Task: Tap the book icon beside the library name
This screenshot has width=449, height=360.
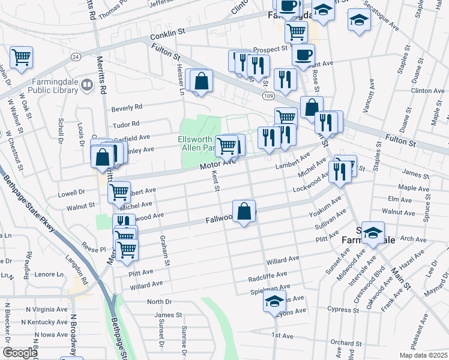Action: [x=88, y=86]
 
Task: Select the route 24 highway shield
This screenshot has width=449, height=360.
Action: [x=75, y=56]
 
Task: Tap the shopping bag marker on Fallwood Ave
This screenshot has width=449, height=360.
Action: [x=244, y=211]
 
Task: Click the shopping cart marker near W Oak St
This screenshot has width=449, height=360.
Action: [x=21, y=58]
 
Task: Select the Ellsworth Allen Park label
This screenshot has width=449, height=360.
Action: [x=197, y=143]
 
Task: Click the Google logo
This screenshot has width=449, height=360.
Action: [x=20, y=353]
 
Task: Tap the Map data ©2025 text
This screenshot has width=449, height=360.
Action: [x=423, y=355]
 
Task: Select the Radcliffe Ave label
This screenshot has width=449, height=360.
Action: [x=268, y=277]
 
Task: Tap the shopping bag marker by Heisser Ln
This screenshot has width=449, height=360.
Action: [x=202, y=81]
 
